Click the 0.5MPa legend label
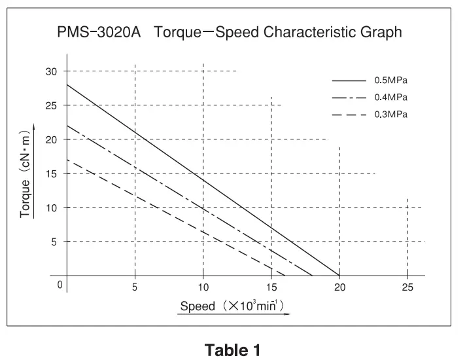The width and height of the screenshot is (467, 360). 390,81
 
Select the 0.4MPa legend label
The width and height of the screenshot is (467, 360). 390,98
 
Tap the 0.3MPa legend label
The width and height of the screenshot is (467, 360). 390,115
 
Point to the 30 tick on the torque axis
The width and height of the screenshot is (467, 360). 52,71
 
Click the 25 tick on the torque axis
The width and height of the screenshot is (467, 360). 52,105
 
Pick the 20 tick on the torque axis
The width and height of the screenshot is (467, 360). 52,139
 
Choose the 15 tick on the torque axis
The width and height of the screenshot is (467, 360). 52,173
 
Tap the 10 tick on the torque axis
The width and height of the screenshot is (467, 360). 52,207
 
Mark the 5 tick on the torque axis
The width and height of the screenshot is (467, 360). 54,242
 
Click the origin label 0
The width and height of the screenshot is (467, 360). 60,285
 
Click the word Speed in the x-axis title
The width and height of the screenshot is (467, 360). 197,306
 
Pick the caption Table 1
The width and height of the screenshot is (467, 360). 233,350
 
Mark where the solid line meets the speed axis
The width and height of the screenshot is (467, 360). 339,276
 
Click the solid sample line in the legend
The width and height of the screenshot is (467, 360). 349,81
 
